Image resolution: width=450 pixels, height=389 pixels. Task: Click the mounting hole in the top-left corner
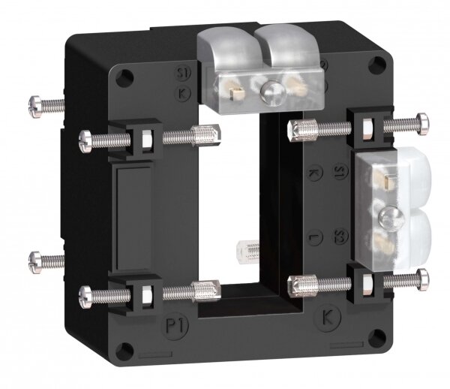[123, 76]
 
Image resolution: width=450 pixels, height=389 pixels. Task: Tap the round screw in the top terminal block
[268, 92]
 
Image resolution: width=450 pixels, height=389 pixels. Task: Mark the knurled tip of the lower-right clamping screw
[298, 283]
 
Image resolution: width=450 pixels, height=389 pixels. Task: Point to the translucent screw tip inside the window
[246, 251]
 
